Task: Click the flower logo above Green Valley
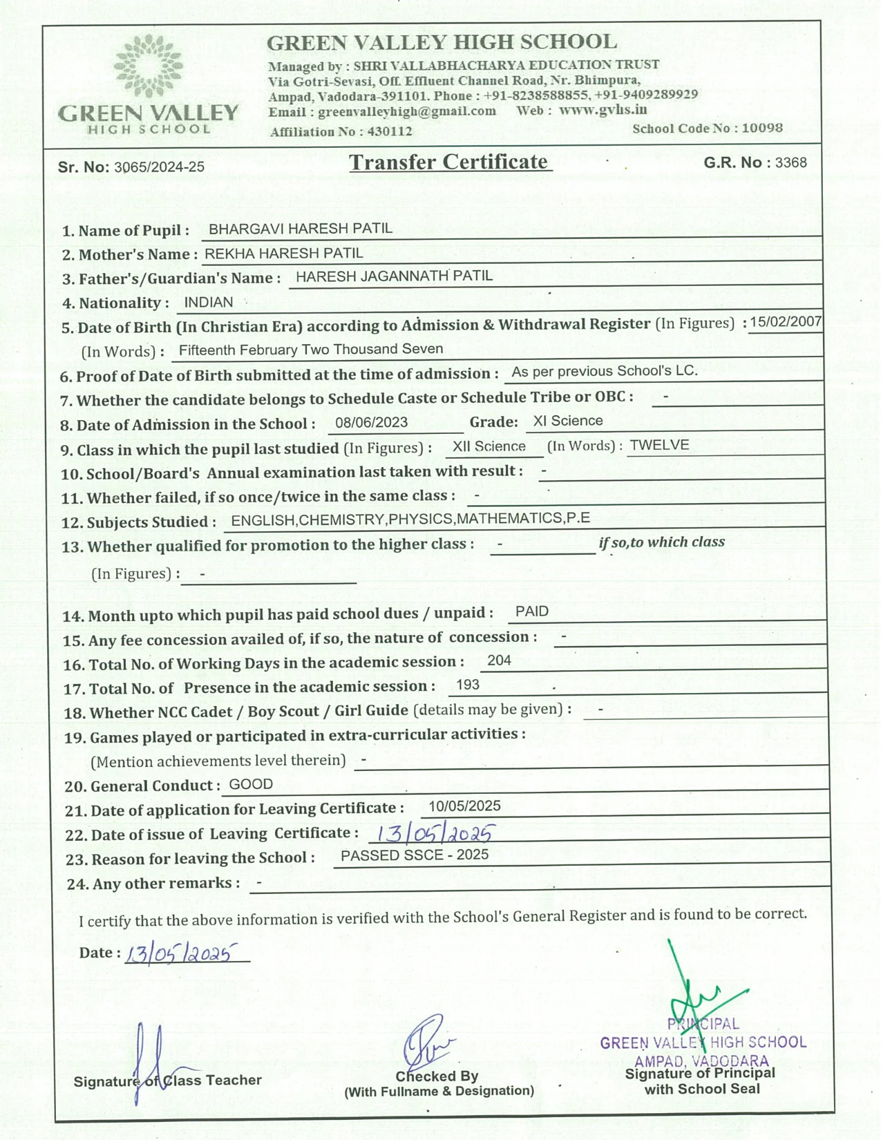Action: [149, 66]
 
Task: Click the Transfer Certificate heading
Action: [449, 162]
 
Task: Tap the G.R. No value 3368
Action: [791, 162]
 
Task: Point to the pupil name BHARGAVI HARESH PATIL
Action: [300, 229]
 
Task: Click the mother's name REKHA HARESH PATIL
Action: [283, 254]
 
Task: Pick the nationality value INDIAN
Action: [209, 303]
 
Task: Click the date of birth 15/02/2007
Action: [786, 321]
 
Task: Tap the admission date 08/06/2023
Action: [371, 422]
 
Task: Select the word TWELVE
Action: [659, 445]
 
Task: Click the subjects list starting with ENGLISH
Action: [410, 520]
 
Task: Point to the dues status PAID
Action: [531, 611]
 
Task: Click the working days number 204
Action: [499, 661]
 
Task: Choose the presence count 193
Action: [468, 685]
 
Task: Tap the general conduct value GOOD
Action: [251, 784]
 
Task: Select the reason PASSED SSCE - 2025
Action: [414, 855]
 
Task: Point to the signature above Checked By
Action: [426, 1042]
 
